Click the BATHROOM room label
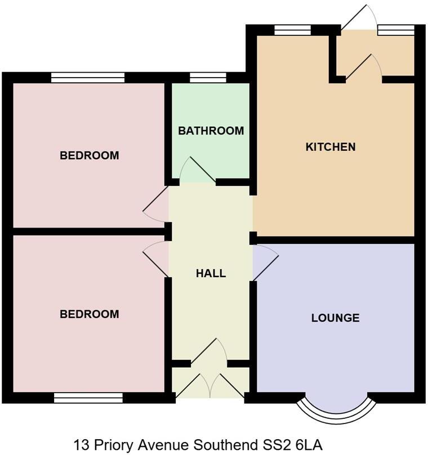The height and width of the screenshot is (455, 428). point(211,131)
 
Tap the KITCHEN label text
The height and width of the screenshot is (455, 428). point(331,147)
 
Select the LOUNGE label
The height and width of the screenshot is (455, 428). point(335,318)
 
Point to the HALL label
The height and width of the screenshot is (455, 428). point(211,274)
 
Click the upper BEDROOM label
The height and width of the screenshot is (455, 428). point(90,155)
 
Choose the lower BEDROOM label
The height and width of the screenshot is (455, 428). point(90,314)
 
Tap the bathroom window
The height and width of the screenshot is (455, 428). point(208,78)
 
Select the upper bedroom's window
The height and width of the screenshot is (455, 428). point(87,78)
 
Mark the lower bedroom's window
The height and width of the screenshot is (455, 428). point(88,398)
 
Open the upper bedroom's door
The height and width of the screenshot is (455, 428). point(156,206)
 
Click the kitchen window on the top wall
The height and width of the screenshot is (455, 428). point(292,30)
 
